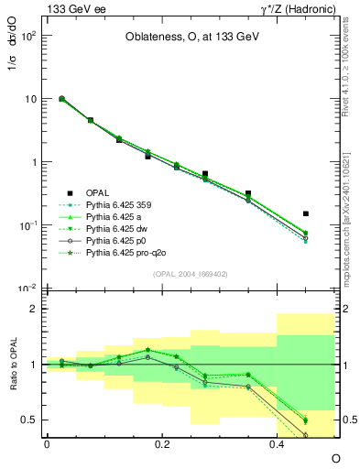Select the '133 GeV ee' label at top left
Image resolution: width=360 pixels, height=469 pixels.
pyautogui.click(x=71, y=8)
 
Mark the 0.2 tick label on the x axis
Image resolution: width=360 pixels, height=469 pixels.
pyautogui.click(x=161, y=443)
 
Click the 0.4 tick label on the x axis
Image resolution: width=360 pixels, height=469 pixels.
pyautogui.click(x=278, y=443)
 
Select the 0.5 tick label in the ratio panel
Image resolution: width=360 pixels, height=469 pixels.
pyautogui.click(x=30, y=420)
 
